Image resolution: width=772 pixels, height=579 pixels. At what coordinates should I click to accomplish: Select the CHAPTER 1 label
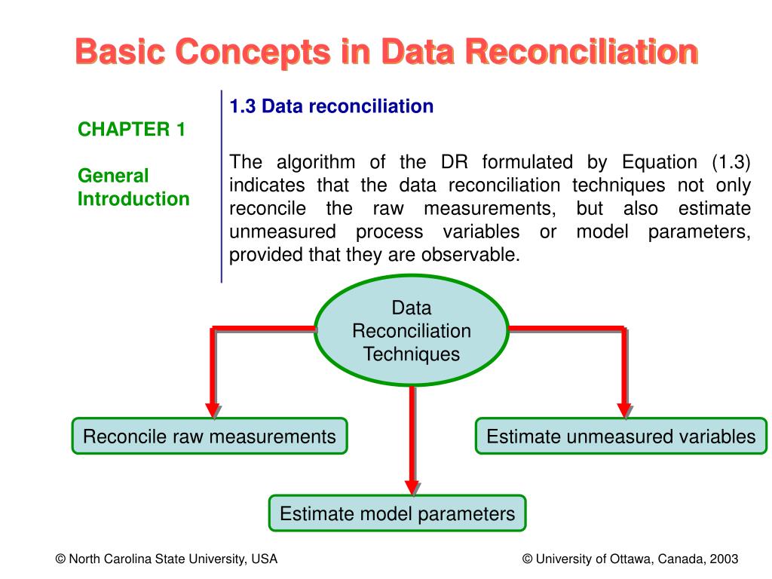pyautogui.click(x=131, y=129)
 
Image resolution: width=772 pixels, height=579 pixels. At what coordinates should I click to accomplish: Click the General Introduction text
pyautogui.click(x=133, y=188)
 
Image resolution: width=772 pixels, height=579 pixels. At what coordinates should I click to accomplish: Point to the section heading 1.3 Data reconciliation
pyautogui.click(x=332, y=106)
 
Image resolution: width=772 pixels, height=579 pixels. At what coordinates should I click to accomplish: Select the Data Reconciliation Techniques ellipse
pyautogui.click(x=412, y=331)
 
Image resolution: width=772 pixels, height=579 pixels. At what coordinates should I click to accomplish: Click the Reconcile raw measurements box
pyautogui.click(x=210, y=437)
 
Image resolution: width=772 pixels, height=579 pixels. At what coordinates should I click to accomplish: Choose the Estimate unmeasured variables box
pyautogui.click(x=620, y=437)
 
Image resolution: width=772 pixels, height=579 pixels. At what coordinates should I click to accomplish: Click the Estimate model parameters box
pyautogui.click(x=397, y=514)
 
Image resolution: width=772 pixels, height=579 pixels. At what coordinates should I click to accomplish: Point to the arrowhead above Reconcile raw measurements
pyautogui.click(x=213, y=409)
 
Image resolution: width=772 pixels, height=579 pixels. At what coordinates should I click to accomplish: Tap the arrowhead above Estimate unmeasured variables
pyautogui.click(x=624, y=409)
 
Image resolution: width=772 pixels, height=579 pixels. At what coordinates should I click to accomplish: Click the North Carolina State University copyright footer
pyautogui.click(x=166, y=559)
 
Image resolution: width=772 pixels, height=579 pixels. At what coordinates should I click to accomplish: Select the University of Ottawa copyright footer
pyautogui.click(x=630, y=559)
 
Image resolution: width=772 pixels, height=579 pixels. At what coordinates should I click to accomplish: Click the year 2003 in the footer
pyautogui.click(x=725, y=559)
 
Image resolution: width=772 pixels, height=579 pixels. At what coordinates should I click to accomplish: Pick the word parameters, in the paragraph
pyautogui.click(x=699, y=231)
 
